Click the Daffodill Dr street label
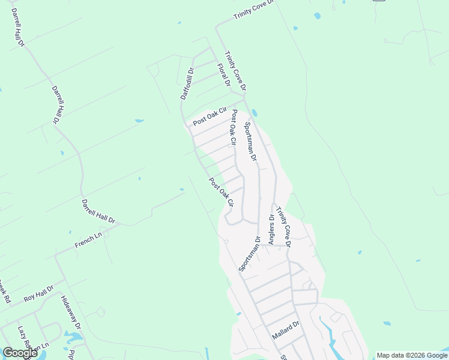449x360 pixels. click(187, 83)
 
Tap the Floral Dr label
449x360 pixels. click(223, 74)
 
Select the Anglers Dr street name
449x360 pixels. click(271, 230)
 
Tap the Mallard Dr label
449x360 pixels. click(285, 331)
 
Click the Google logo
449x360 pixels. click(20, 353)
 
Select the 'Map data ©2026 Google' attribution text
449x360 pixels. click(411, 355)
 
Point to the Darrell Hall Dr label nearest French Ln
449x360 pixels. click(97, 211)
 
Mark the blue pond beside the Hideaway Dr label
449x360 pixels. click(72, 336)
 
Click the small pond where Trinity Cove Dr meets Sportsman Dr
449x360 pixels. click(256, 112)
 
